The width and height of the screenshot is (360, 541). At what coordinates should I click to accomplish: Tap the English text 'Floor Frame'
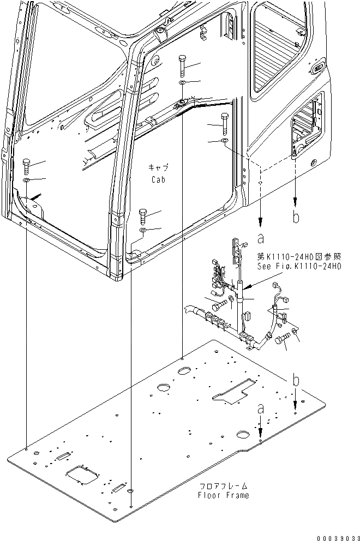[224, 495]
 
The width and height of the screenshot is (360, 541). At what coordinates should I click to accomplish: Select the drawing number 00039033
[334, 535]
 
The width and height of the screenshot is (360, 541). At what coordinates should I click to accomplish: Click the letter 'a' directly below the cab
[261, 238]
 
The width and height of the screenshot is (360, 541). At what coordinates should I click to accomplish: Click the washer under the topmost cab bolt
[182, 83]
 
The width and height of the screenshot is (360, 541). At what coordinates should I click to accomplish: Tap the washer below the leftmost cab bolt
[26, 180]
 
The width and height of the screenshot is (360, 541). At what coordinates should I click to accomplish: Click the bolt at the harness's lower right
[281, 341]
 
